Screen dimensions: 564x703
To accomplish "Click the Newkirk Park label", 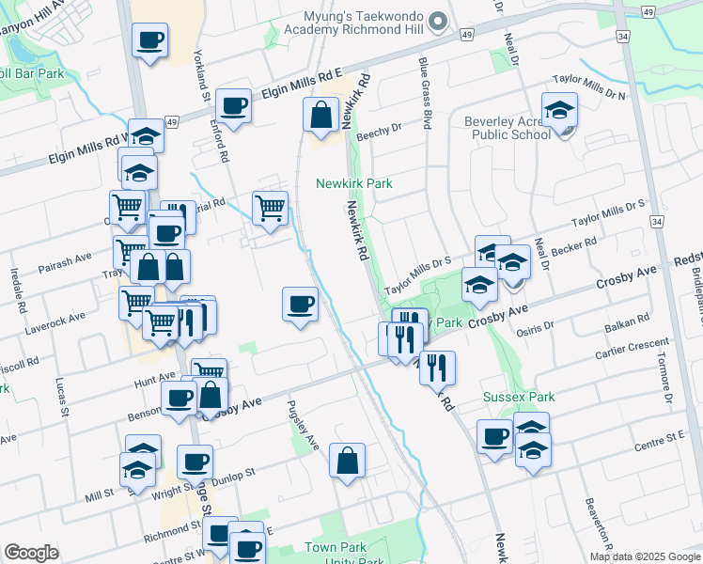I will point(354,183).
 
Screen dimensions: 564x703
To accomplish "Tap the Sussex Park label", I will point(519,397).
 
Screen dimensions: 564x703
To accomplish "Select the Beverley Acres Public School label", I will point(508,128).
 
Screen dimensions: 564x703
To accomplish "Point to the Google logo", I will point(31,553).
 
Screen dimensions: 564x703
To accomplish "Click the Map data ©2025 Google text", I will point(646,556).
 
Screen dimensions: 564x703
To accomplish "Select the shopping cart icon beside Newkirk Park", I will point(270,208).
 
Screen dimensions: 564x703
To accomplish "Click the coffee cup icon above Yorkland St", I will point(149,40).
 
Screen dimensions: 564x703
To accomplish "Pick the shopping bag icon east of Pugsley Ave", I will point(347,460).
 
